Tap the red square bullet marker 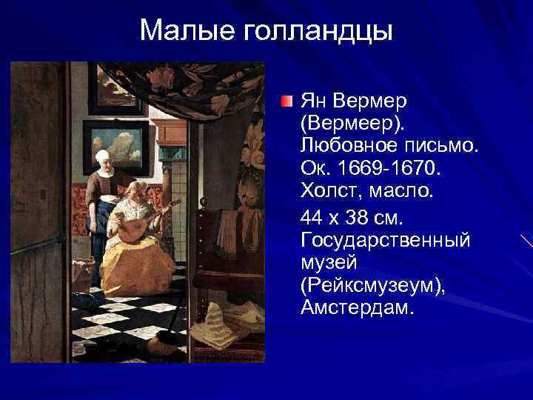(x=289, y=101)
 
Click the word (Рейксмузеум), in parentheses (x=372, y=285)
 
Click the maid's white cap (x=102, y=156)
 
